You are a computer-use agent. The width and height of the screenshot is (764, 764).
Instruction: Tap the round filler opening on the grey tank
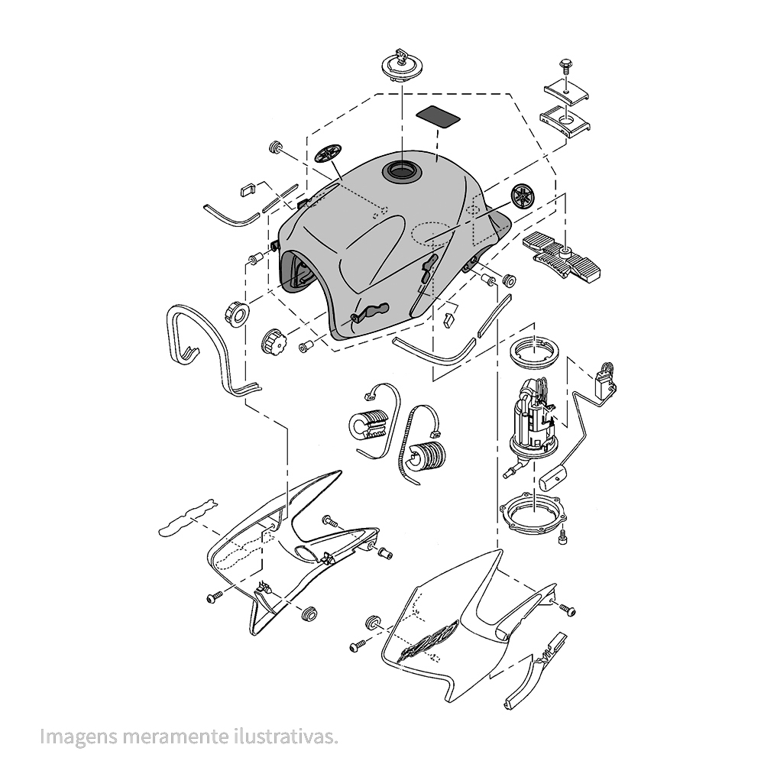coord(401,171)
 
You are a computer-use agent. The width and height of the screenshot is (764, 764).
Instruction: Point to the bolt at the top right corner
coord(566,67)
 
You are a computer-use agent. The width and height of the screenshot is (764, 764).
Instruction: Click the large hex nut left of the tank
coord(238,313)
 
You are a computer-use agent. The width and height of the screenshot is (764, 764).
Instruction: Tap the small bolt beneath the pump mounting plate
coord(564,537)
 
